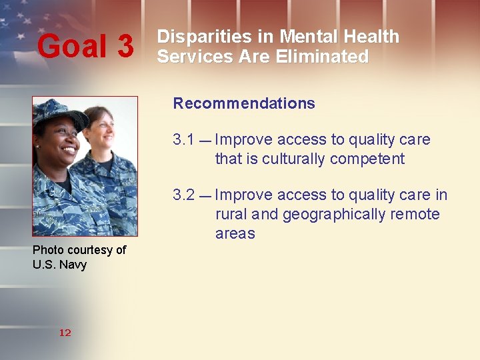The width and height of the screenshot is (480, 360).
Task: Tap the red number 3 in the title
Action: point(125,47)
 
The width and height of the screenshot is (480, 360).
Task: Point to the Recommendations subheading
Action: point(244,103)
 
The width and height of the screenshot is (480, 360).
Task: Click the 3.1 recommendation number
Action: point(183,140)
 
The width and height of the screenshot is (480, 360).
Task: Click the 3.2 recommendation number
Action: point(183,195)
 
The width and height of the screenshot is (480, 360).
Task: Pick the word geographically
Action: point(334,215)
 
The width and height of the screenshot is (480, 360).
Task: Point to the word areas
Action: point(235,234)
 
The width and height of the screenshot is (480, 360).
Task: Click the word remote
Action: point(415,215)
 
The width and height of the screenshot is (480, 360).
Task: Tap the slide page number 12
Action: point(65,333)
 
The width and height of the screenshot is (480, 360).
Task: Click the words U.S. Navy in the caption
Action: point(59,265)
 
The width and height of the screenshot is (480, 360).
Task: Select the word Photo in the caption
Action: point(48,250)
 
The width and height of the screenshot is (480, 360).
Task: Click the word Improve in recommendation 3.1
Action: point(243,140)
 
